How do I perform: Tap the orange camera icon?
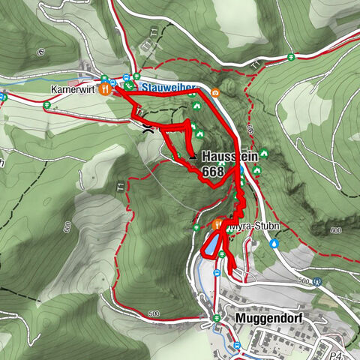tap(215, 93)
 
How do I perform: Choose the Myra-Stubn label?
tap(248, 224)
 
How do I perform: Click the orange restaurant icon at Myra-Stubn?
tap(218, 223)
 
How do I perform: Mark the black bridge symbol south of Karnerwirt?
tap(148, 128)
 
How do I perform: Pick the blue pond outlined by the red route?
tap(211, 245)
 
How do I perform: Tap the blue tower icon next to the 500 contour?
tap(317, 282)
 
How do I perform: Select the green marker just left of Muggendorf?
tap(217, 318)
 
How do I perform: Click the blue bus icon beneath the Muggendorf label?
tap(237, 345)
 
